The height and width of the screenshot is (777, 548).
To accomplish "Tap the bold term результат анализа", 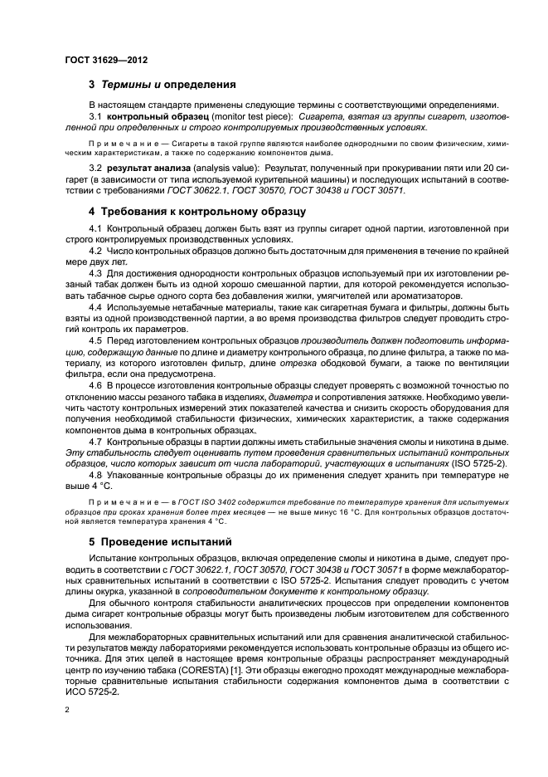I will [x=146, y=169].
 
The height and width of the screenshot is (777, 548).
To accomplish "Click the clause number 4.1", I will [x=95, y=227].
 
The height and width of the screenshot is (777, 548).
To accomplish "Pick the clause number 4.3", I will [x=95, y=271].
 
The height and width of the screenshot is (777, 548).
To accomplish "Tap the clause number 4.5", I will [x=95, y=340].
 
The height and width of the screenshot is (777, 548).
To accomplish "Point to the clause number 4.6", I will [x=95, y=385].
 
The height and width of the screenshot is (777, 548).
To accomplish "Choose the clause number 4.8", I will [x=95, y=475].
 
